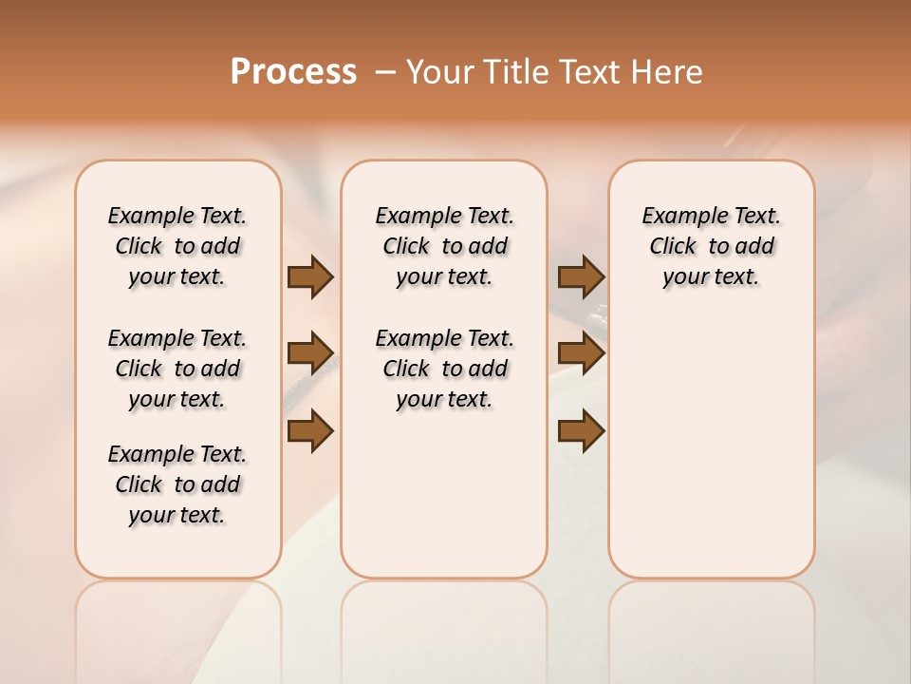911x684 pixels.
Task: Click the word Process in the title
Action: click(x=293, y=71)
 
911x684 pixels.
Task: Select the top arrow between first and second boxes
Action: click(x=310, y=276)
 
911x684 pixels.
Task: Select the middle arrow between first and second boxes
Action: click(x=310, y=353)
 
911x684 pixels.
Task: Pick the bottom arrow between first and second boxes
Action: click(x=310, y=430)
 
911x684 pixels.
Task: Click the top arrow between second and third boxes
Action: click(x=581, y=276)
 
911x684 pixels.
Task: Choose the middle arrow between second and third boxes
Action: click(x=581, y=353)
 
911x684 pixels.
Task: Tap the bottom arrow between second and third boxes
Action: click(x=581, y=430)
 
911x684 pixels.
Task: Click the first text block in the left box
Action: click(x=177, y=246)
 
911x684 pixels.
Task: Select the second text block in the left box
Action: click(x=177, y=369)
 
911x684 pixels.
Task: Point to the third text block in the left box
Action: click(x=177, y=484)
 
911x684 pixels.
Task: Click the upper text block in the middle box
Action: click(x=444, y=246)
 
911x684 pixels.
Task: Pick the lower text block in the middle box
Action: click(x=444, y=369)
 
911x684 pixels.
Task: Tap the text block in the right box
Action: click(x=711, y=246)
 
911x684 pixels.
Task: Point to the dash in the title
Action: click(x=384, y=72)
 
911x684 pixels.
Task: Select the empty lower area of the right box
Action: click(x=711, y=446)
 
